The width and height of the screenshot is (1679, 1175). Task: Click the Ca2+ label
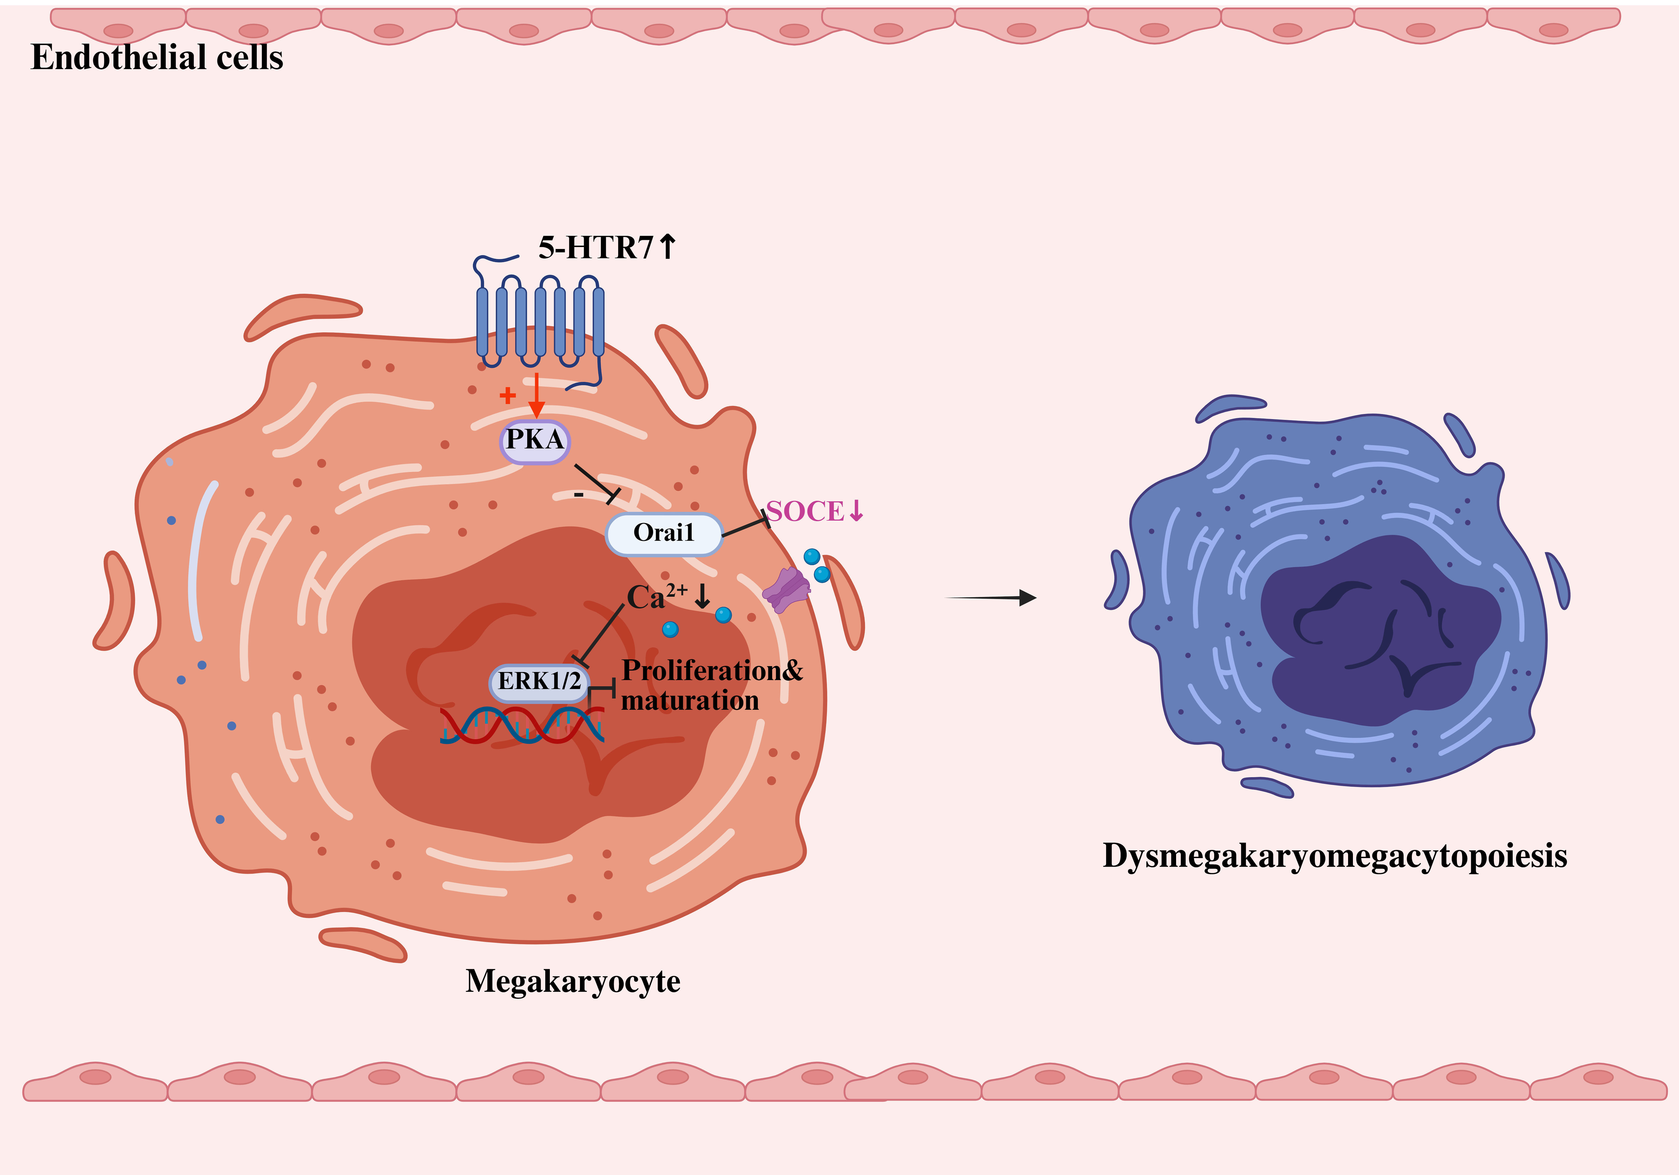pyautogui.click(x=656, y=597)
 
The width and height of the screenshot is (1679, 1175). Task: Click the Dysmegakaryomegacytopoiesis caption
pyautogui.click(x=1334, y=856)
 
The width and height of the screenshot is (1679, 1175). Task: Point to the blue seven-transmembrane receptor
pyautogui.click(x=540, y=322)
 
